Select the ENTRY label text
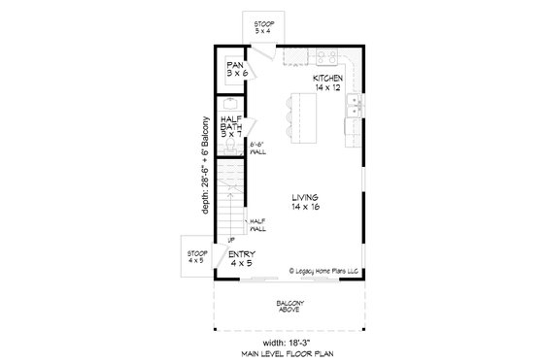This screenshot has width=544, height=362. pos(241,259)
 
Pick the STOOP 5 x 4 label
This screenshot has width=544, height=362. pos(263,28)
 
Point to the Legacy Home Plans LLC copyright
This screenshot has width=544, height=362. pos(324,272)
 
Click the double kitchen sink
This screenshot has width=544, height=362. pos(357,104)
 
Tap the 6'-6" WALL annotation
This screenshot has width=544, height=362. pos(257,148)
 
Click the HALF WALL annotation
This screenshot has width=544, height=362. pos(258,224)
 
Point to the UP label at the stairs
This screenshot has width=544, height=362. pos(231,240)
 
